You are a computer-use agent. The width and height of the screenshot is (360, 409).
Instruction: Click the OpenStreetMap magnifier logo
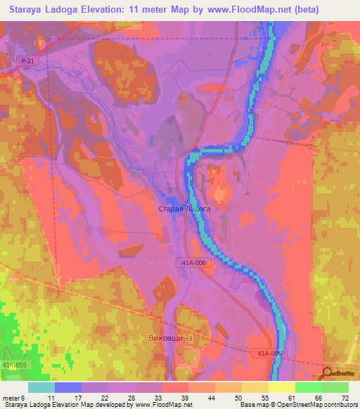[x=327, y=374]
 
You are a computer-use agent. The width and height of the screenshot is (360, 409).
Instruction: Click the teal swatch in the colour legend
[x=41, y=387]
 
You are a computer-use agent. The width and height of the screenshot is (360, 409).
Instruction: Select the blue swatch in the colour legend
[x=68, y=387]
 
